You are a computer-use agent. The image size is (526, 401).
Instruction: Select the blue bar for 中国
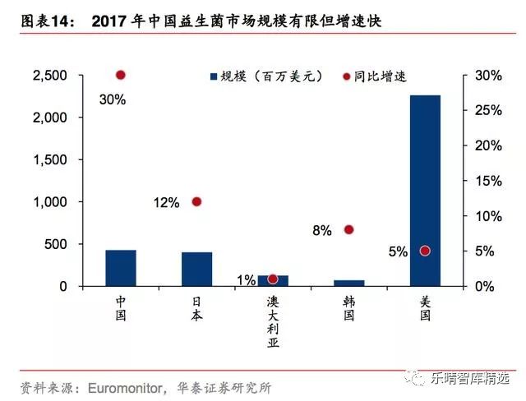[x=121, y=268]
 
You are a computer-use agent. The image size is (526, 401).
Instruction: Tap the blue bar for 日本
[x=196, y=269]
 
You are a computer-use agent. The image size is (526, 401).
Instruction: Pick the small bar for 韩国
[x=348, y=283]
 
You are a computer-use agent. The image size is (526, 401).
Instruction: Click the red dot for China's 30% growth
[x=121, y=75]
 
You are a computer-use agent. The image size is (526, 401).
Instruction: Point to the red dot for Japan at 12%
[x=196, y=201]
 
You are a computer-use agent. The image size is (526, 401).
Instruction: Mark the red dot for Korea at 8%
[x=348, y=229]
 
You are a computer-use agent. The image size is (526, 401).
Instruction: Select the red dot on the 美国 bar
[x=425, y=251]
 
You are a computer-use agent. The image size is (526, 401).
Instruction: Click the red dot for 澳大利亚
[x=273, y=279]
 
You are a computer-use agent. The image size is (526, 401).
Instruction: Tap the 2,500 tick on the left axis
[x=49, y=76]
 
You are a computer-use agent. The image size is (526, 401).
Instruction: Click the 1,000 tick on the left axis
[x=49, y=202]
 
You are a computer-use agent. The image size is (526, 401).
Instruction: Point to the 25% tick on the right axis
[x=487, y=110]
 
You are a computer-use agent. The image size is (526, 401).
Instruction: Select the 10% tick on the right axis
[x=487, y=216]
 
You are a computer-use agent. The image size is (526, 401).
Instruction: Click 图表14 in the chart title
[x=41, y=21]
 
